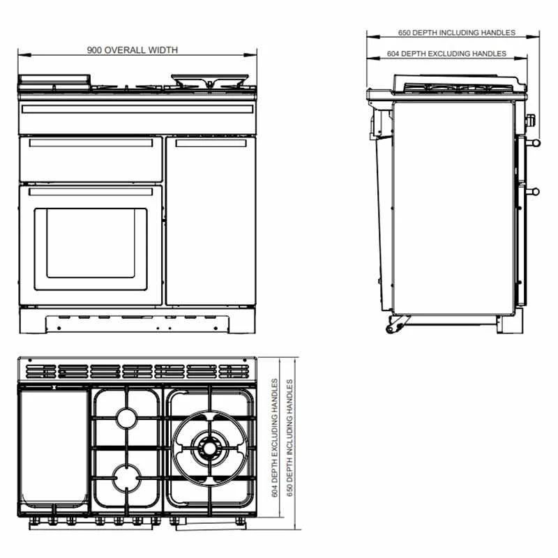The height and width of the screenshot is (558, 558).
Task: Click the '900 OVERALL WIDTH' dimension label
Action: [x=133, y=50]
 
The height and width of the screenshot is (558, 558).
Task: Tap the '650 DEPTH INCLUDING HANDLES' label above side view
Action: [x=457, y=33]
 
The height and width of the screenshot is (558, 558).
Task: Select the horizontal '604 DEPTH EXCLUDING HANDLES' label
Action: [x=446, y=54]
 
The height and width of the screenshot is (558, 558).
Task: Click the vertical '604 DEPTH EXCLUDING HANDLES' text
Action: [x=275, y=438]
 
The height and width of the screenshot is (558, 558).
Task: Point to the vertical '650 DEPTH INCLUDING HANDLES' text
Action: [x=289, y=438]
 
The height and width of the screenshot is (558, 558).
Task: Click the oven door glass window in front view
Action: [x=91, y=243]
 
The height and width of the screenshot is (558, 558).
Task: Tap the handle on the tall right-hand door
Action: [x=211, y=144]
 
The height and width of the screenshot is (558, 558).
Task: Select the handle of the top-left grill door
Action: [x=91, y=143]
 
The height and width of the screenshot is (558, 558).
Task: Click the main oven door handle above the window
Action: [x=91, y=192]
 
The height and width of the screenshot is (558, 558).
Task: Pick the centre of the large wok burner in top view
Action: [x=209, y=448]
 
